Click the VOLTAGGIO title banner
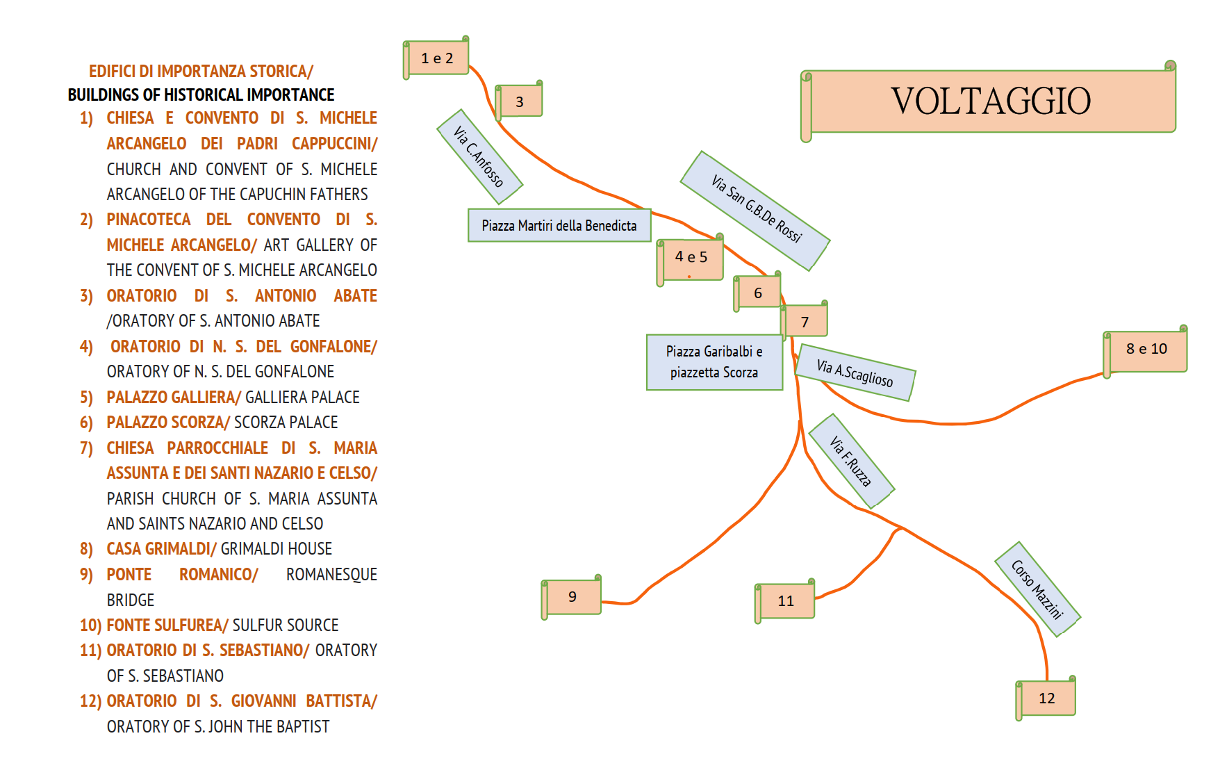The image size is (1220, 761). click(x=991, y=101)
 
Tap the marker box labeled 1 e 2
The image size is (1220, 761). click(x=437, y=58)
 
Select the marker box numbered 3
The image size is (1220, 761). click(x=520, y=102)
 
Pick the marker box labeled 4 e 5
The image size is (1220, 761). click(x=691, y=258)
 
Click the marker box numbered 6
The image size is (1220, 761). click(x=758, y=293)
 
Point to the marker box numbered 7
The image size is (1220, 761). click(x=805, y=322)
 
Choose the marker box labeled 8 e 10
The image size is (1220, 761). click(x=1146, y=349)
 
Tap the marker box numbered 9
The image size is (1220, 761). click(x=572, y=597)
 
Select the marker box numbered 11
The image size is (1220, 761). click(x=786, y=601)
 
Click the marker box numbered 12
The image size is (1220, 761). click(x=1047, y=698)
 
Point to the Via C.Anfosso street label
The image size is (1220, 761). click(x=479, y=156)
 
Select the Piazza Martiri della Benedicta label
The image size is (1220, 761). click(x=559, y=226)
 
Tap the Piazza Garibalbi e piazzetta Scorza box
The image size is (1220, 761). click(x=714, y=362)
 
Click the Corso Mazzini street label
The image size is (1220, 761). click(x=1037, y=589)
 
